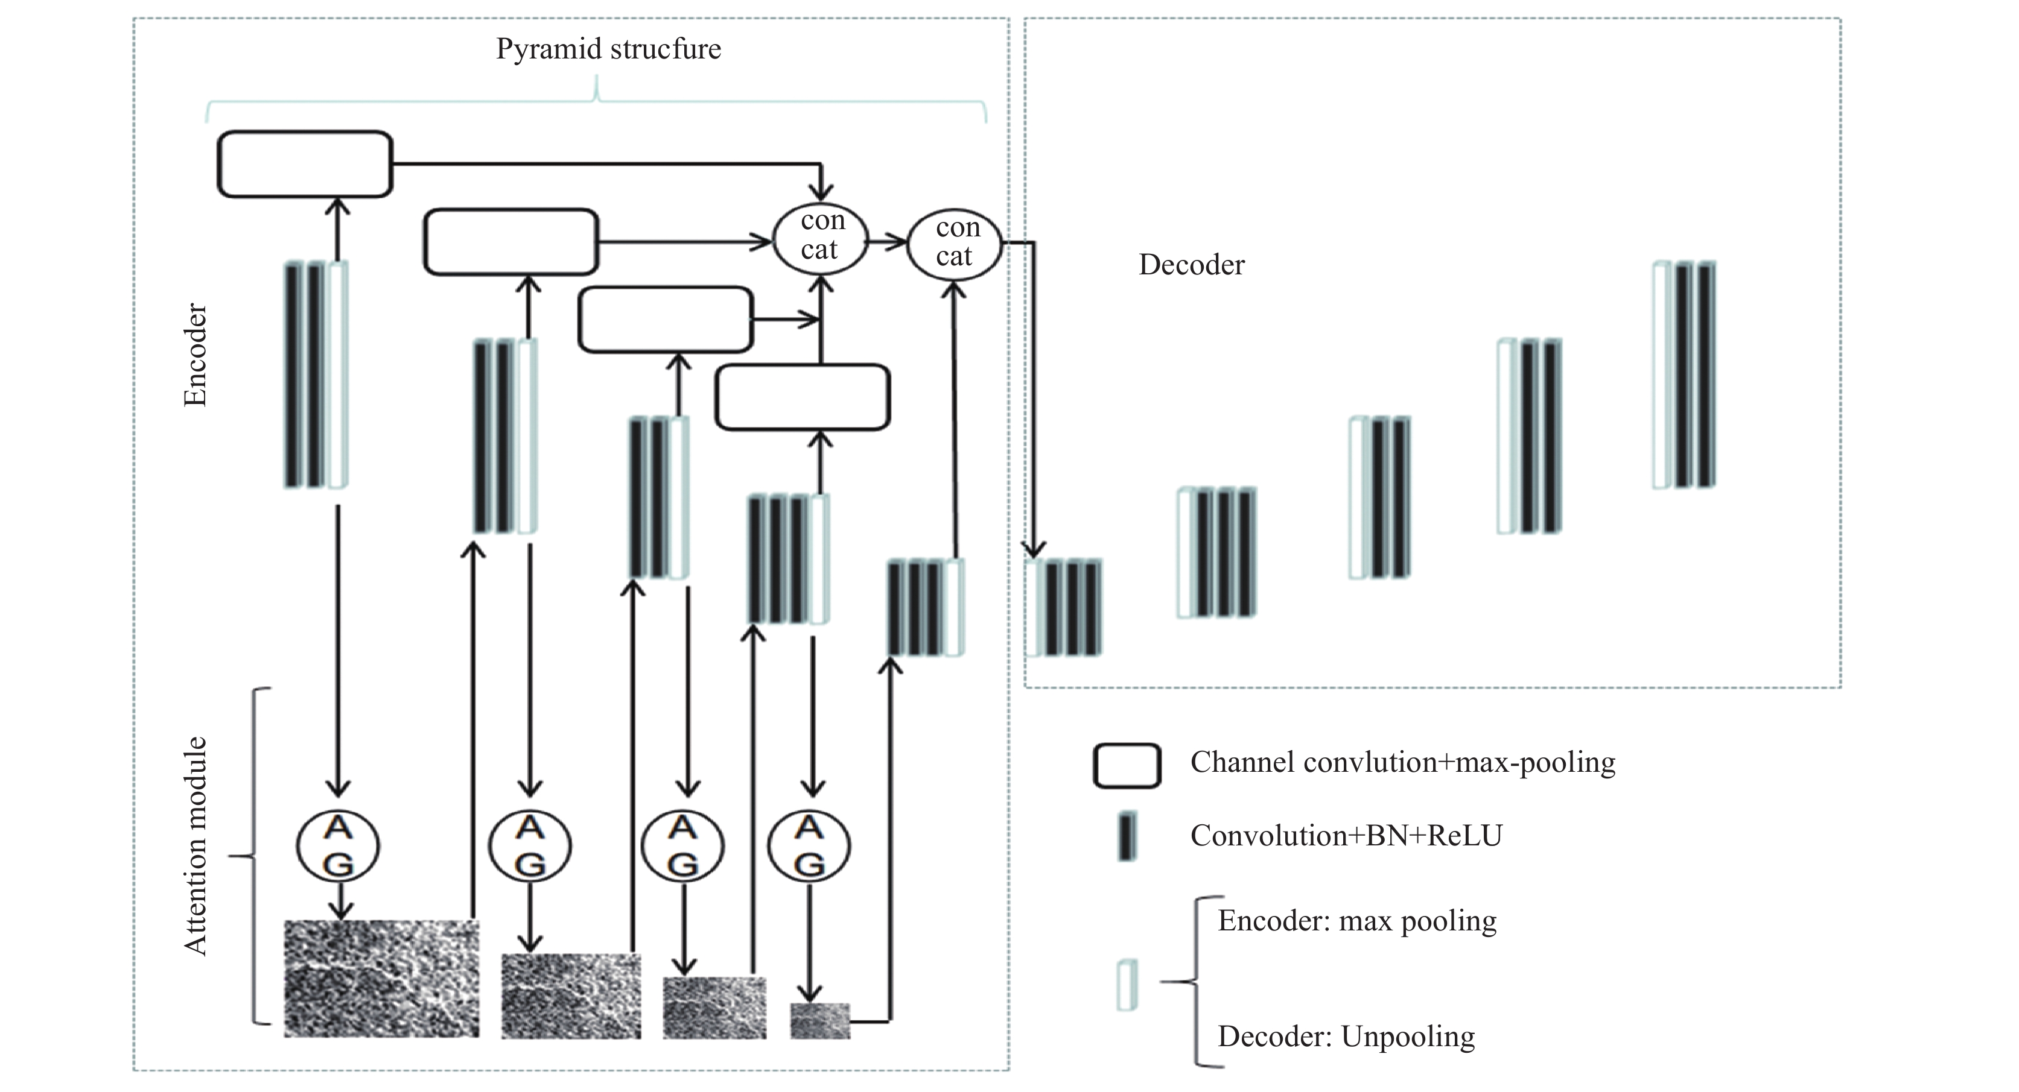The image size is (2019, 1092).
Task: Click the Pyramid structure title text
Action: pos(608,49)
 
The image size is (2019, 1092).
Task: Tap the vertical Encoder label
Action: pos(195,355)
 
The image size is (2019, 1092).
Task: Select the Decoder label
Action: pos(1191,265)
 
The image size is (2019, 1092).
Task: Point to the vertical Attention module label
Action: pos(195,846)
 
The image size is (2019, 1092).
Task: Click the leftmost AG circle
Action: pos(338,846)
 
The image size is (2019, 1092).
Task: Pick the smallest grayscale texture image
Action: pos(820,1021)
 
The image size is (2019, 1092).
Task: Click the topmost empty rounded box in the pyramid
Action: pos(305,164)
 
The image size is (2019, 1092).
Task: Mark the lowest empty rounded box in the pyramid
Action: pos(803,397)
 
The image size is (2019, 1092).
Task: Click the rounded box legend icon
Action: pos(1127,765)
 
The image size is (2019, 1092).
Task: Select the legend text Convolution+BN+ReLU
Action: pos(1346,836)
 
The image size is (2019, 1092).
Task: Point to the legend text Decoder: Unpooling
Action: pos(1346,1037)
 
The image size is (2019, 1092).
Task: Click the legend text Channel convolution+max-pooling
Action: pos(1403,762)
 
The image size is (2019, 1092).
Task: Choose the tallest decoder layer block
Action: pos(1684,374)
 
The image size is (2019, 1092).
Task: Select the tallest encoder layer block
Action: pos(315,374)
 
